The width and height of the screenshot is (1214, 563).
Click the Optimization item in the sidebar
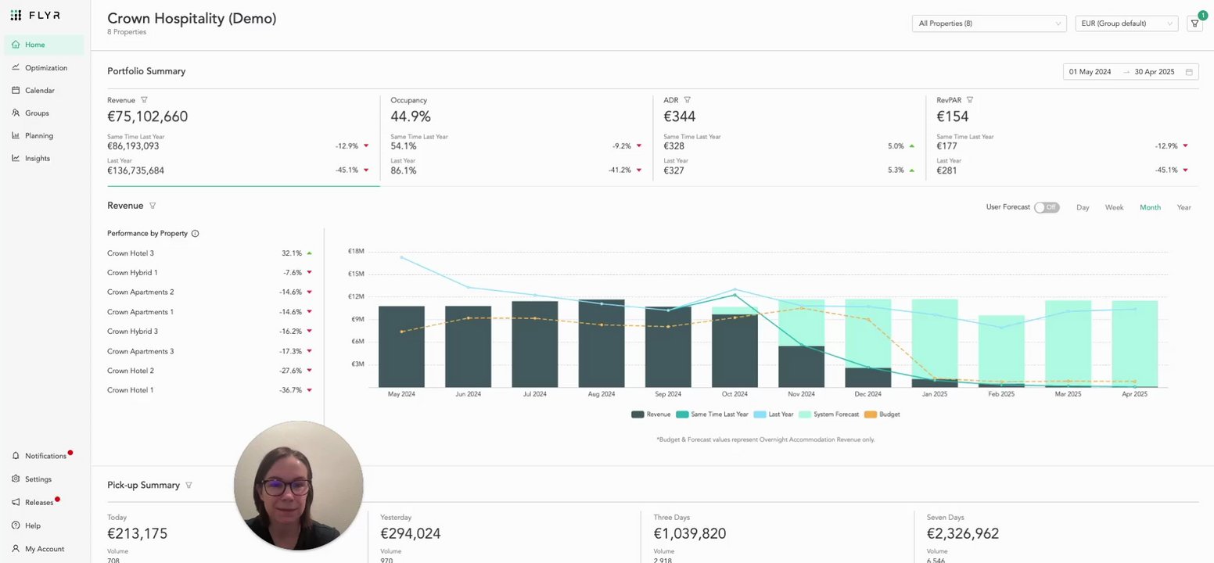45,68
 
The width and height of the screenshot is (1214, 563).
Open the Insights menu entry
37,158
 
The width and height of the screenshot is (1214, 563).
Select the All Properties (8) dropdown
989,23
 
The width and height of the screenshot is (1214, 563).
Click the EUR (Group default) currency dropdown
1126,23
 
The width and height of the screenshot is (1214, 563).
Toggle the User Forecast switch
1046,207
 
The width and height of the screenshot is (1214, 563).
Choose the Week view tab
1114,207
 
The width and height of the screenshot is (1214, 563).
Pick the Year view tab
1183,207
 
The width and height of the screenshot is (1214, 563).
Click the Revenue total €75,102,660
147,117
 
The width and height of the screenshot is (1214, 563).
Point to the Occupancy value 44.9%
411,117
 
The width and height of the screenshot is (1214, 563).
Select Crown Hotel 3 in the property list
131,253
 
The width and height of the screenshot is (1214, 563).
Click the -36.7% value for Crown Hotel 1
290,390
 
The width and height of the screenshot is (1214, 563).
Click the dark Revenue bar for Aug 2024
602,344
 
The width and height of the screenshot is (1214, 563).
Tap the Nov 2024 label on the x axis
801,394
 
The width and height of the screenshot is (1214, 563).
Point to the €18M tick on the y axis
356,251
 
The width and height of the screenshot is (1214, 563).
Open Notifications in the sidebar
45,456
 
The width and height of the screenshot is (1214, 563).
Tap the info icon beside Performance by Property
195,233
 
